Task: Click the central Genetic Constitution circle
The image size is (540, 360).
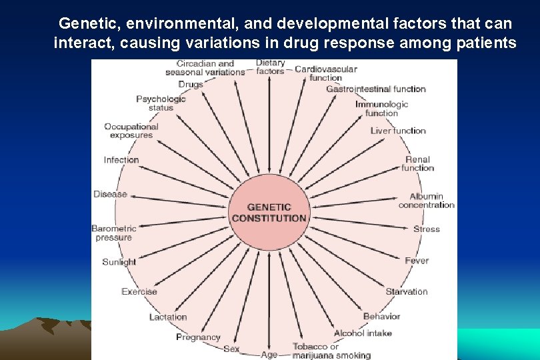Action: click(x=269, y=213)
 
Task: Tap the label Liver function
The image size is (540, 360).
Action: click(x=398, y=131)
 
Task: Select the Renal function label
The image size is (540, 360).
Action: click(x=418, y=164)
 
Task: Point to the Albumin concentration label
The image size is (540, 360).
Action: click(x=427, y=201)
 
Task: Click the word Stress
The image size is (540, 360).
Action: click(x=427, y=229)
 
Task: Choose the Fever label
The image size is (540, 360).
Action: click(x=417, y=261)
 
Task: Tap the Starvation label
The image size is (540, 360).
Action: click(x=406, y=291)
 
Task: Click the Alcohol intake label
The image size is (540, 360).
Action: click(x=363, y=333)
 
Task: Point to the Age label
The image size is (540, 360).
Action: click(x=269, y=355)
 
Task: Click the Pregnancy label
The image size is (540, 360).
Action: click(x=198, y=337)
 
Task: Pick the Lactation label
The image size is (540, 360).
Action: click(x=168, y=317)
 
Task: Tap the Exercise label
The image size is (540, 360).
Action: click(x=139, y=291)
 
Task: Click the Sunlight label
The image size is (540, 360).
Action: click(x=119, y=262)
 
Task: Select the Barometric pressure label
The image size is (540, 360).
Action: click(x=114, y=233)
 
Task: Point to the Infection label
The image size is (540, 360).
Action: click(x=121, y=160)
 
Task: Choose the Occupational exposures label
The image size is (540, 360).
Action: click(x=131, y=131)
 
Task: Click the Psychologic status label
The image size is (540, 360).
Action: click(x=161, y=103)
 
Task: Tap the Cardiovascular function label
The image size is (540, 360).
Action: click(x=325, y=73)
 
